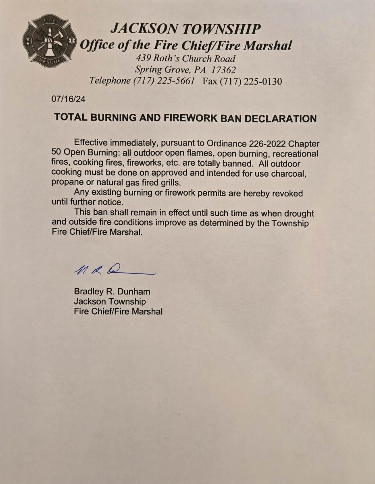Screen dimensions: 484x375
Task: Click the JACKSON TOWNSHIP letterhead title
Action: [x=185, y=29]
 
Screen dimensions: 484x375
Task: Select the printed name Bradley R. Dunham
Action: [x=112, y=291]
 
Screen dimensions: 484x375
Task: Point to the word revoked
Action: [x=287, y=193]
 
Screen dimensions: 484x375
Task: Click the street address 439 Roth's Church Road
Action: [x=186, y=58]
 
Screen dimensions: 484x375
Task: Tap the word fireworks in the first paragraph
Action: [x=148, y=164]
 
